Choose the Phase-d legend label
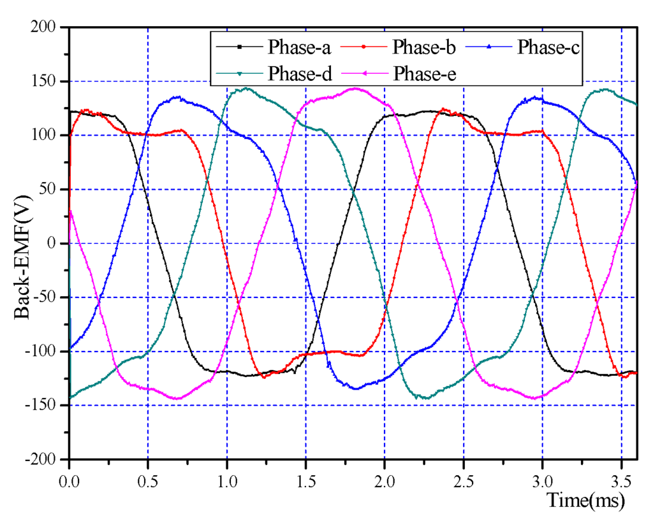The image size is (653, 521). click(x=299, y=73)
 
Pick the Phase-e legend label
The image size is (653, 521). click(x=423, y=73)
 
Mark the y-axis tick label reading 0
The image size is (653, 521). click(x=55, y=244)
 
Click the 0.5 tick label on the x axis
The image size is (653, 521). click(x=148, y=476)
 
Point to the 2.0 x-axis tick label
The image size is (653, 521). click(x=385, y=476)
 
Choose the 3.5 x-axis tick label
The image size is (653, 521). click(x=621, y=476)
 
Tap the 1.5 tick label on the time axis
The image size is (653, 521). click(x=305, y=476)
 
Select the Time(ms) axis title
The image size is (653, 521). click(x=585, y=501)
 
